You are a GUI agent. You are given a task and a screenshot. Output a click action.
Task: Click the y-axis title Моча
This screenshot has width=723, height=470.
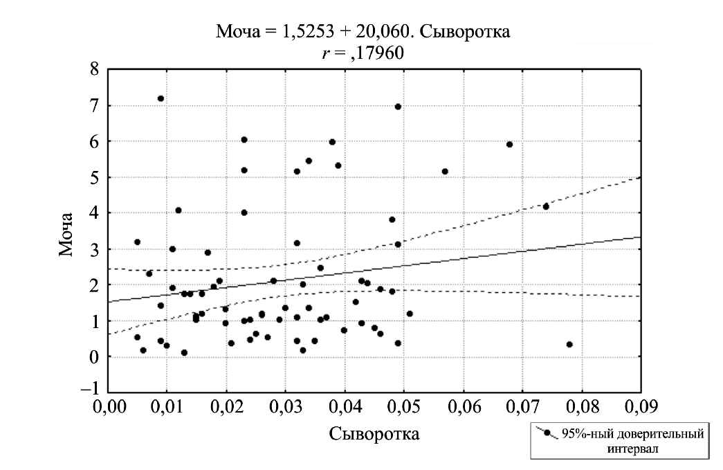pyautogui.click(x=66, y=231)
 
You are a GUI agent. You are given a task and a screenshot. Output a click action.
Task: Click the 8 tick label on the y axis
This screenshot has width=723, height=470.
pyautogui.click(x=93, y=70)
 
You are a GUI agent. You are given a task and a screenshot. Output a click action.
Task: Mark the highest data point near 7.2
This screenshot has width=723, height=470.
pyautogui.click(x=161, y=98)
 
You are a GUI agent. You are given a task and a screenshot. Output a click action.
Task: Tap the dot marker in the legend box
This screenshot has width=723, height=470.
pyautogui.click(x=547, y=434)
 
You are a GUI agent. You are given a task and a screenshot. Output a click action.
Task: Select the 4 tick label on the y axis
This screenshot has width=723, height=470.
pyautogui.click(x=93, y=213)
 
